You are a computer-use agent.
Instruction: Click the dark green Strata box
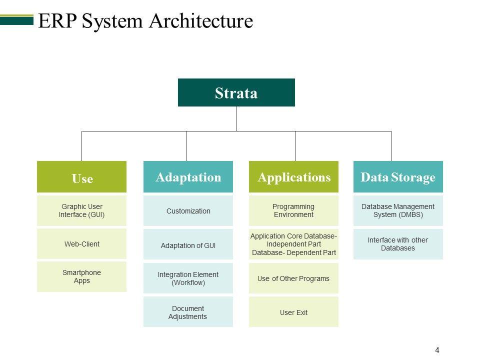236,92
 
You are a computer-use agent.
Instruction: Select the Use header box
81,176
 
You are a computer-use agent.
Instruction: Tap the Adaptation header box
188,176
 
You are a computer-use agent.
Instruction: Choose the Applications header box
293,176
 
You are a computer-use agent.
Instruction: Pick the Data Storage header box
398,176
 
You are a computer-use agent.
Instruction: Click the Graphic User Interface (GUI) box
81,210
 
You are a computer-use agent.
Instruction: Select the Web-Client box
81,243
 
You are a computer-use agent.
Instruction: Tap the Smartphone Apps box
81,276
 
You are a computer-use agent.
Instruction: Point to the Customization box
188,210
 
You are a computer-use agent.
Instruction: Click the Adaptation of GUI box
188,244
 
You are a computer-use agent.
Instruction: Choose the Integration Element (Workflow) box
188,278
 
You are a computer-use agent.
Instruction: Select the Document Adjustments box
188,311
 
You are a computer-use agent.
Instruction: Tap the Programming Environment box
293,210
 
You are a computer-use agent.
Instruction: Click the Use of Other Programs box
293,278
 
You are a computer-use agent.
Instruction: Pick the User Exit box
293,311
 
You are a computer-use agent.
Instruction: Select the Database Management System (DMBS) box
398,210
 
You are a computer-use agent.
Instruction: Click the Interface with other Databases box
398,244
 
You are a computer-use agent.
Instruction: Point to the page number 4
437,350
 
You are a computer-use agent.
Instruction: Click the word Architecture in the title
201,21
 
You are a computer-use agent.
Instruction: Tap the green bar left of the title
16,19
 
